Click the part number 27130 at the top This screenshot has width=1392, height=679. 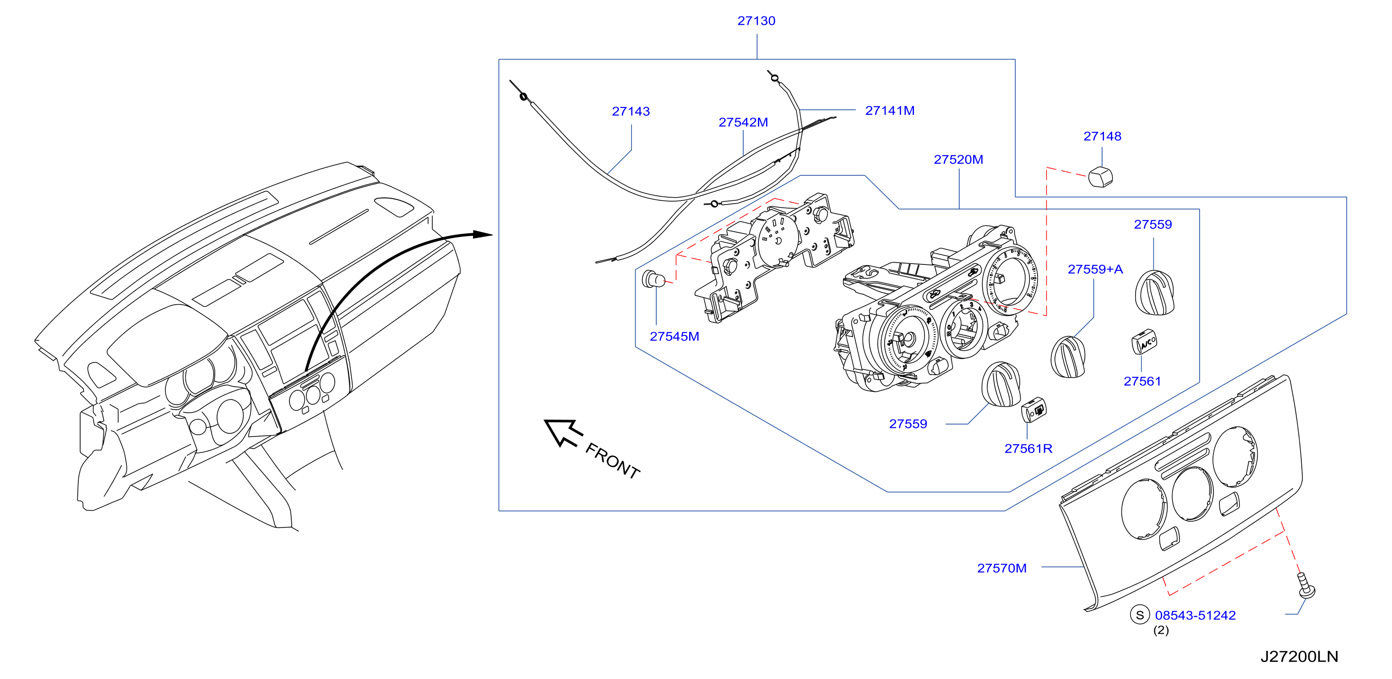[x=756, y=21]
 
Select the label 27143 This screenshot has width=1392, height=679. [x=631, y=111]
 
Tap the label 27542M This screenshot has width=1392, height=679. [x=743, y=122]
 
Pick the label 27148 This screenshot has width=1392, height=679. [x=1102, y=136]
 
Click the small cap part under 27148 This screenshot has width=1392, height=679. [x=1100, y=177]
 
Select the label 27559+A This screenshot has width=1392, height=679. [x=1095, y=269]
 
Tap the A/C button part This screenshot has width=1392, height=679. [x=1144, y=341]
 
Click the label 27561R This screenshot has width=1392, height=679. [x=1028, y=449]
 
